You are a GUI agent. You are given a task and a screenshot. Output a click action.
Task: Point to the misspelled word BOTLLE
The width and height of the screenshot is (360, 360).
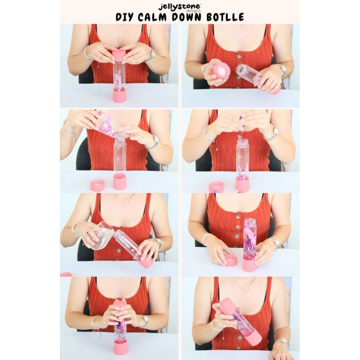[x=225, y=17]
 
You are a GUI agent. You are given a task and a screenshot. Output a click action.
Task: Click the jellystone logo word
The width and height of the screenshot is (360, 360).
[x=180, y=7]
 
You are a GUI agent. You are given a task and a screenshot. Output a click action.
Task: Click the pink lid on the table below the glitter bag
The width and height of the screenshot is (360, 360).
[x=98, y=185]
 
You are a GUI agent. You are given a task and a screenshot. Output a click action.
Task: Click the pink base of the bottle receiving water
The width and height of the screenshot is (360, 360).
[x=145, y=261]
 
